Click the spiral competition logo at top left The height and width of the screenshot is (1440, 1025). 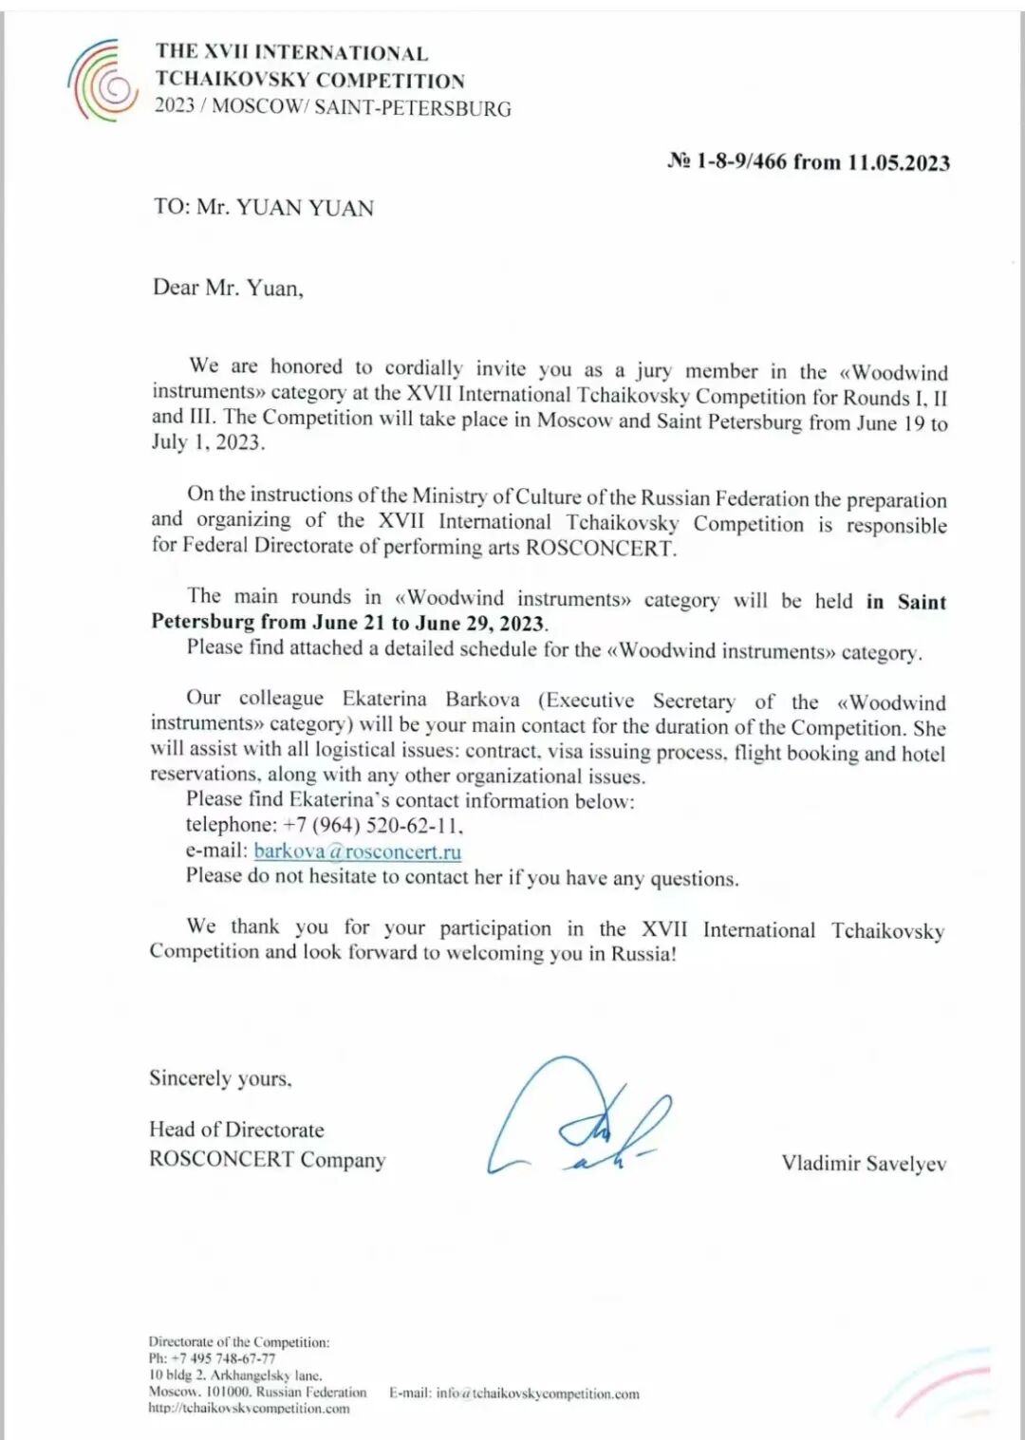tap(103, 81)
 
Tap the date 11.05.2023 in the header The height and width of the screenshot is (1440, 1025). tap(898, 162)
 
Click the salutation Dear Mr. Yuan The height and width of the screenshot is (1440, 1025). tap(228, 288)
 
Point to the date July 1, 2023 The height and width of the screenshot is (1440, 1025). tap(208, 441)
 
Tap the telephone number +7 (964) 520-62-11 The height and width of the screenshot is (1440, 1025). tap(372, 825)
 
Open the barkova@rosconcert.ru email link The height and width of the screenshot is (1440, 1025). tap(357, 851)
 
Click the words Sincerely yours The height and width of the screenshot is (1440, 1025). tap(220, 1078)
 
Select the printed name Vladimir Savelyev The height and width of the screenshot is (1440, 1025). tap(864, 1163)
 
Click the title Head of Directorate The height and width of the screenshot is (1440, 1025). tap(236, 1130)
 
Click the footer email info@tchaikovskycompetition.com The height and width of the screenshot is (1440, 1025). tap(537, 1393)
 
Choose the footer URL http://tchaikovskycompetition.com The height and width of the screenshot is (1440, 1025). tap(249, 1409)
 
